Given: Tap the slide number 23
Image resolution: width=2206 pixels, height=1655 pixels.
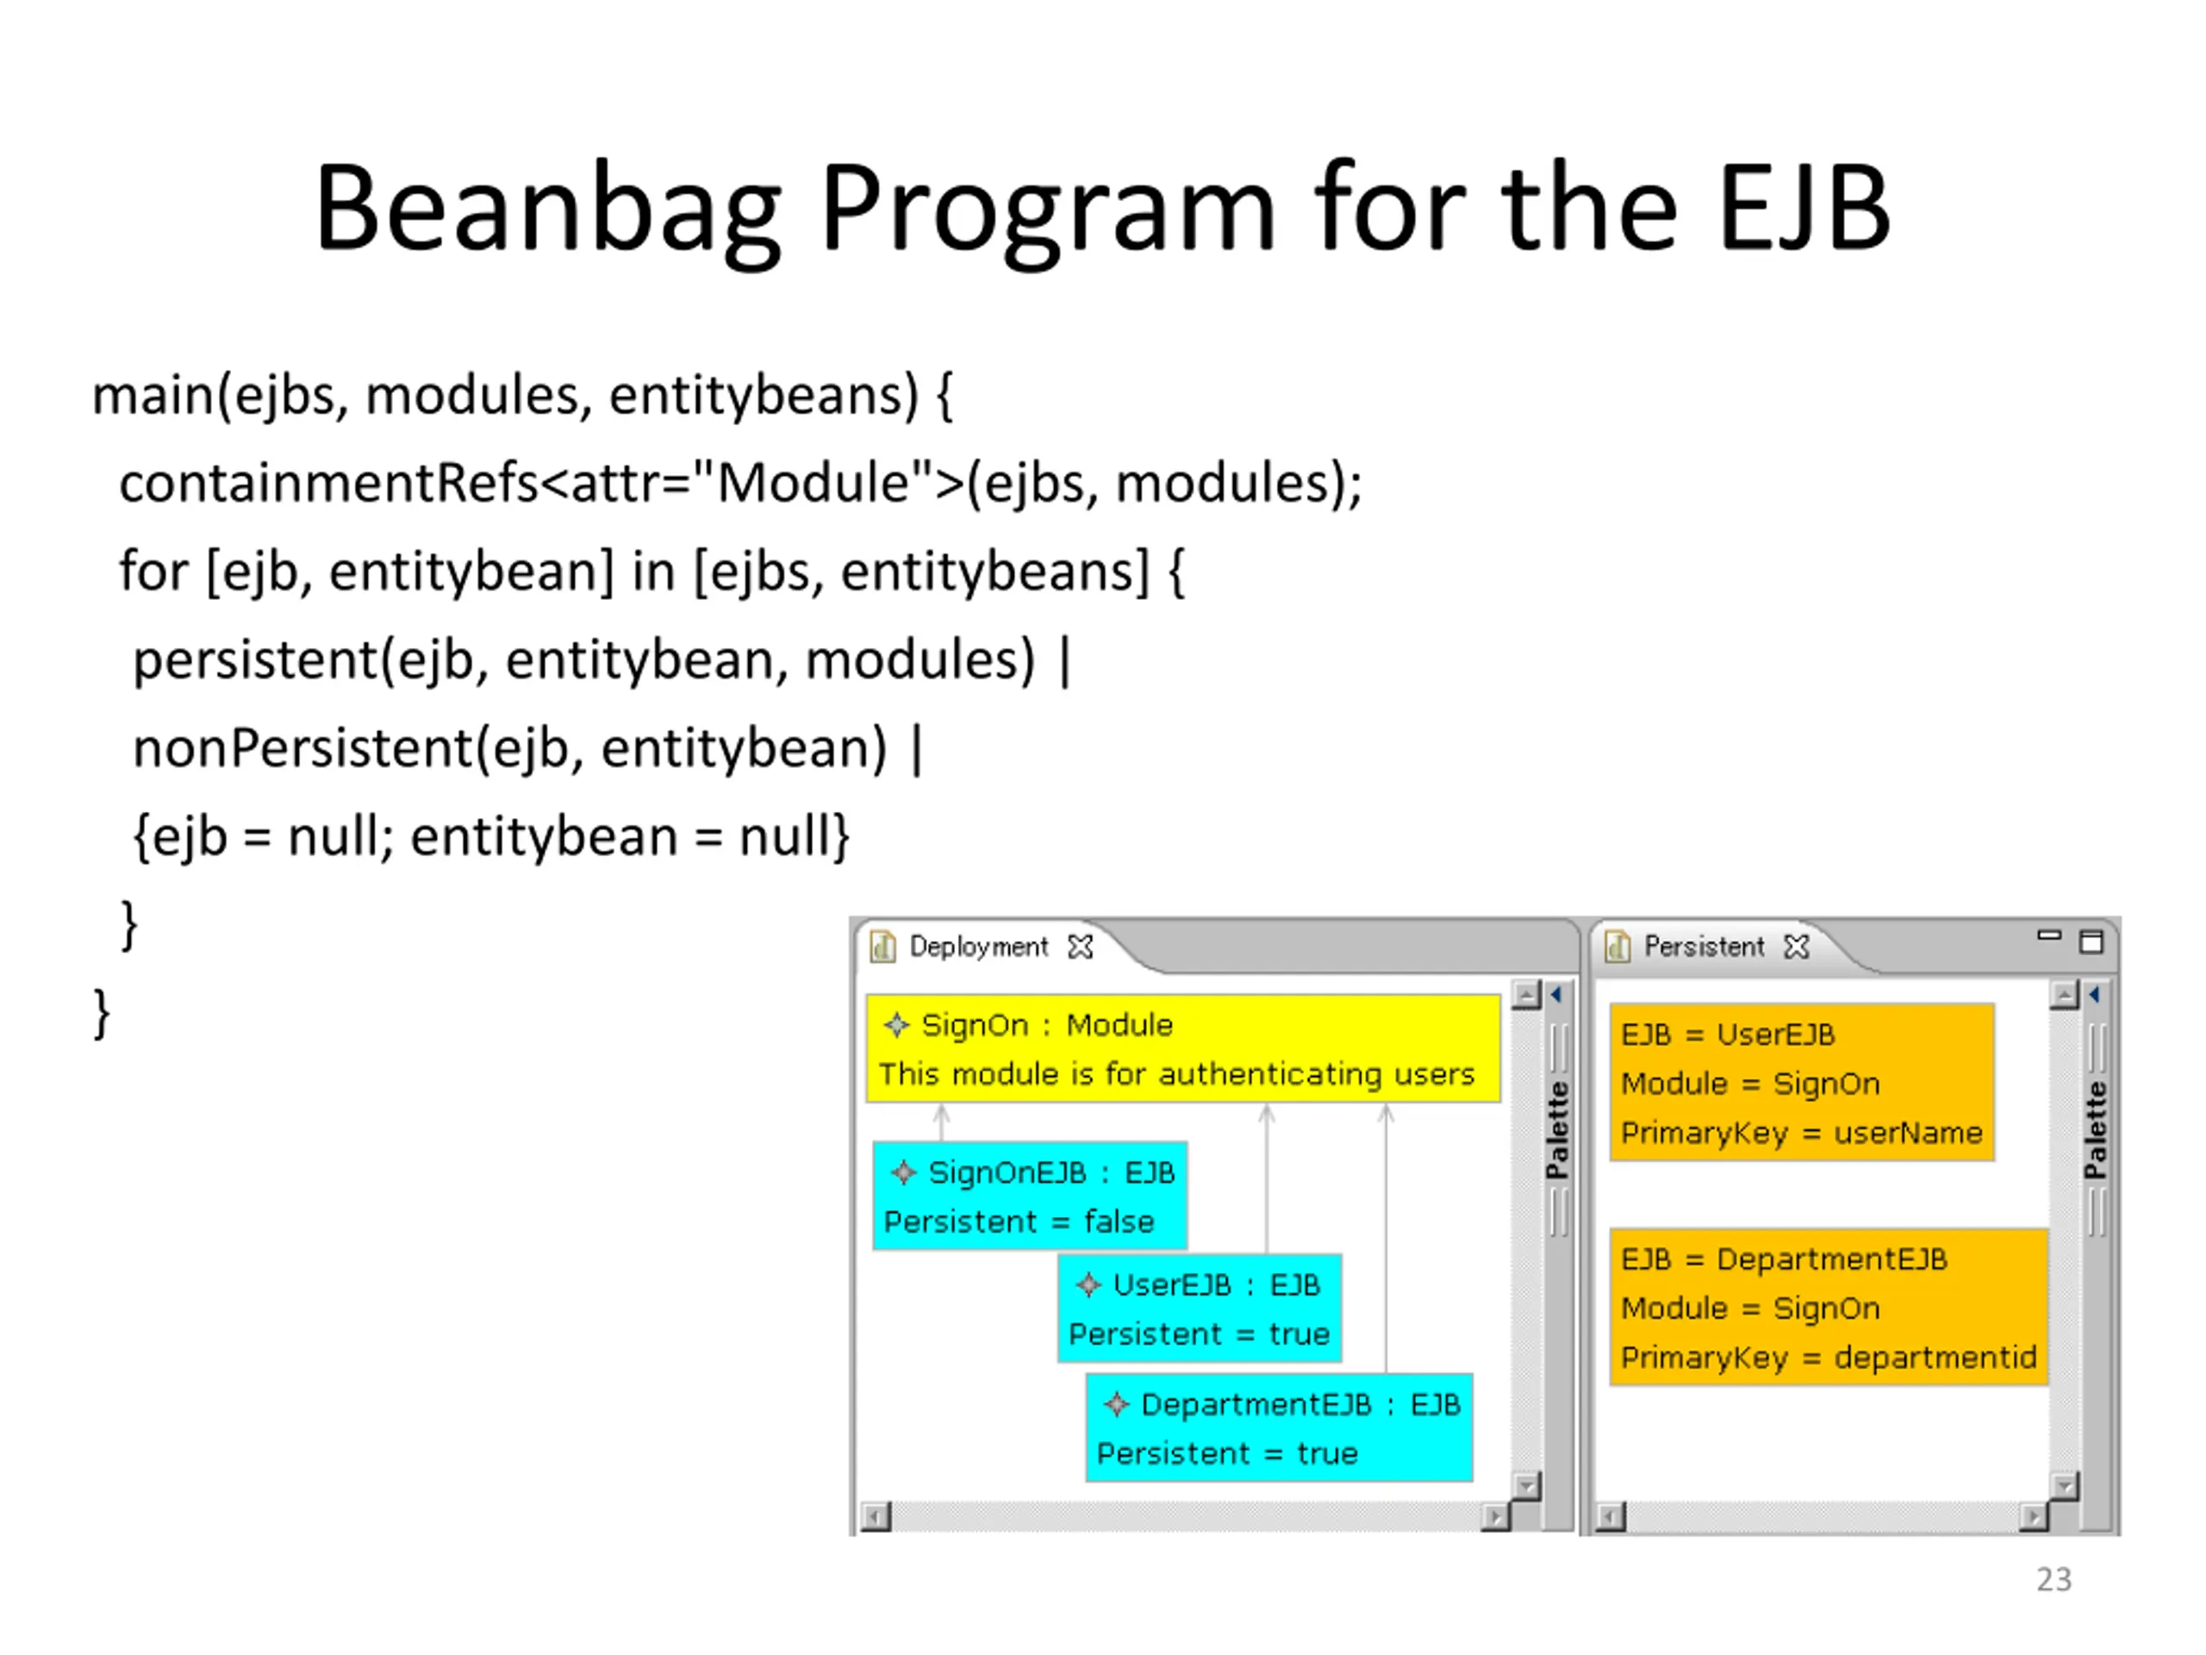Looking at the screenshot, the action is [x=2053, y=1579].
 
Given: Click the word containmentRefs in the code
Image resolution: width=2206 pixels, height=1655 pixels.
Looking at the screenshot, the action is [x=329, y=483].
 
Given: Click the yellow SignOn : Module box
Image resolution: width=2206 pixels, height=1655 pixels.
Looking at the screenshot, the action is [x=1183, y=1048].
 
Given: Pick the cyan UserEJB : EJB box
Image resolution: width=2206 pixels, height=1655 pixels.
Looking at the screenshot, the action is [x=1200, y=1308].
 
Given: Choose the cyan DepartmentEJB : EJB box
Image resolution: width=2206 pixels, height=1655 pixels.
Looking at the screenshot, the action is [x=1279, y=1427].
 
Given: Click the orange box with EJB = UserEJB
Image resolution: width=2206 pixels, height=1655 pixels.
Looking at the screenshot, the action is [x=1802, y=1083].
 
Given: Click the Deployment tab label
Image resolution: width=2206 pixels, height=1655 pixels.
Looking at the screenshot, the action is [x=978, y=946].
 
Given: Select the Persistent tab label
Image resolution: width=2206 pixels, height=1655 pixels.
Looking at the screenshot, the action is [x=1704, y=946].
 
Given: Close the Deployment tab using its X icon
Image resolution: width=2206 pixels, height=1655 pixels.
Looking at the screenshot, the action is [x=1080, y=946].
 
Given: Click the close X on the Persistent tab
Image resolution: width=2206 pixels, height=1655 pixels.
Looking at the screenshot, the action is [x=1796, y=946].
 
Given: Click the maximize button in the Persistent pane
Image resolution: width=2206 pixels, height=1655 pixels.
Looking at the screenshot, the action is [x=2091, y=942].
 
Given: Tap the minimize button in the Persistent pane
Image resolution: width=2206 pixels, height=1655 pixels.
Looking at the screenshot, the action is [x=2048, y=936].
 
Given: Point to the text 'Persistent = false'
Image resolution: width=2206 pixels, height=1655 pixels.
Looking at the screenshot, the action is [x=1019, y=1222].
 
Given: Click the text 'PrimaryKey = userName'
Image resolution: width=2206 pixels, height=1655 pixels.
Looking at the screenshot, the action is [x=1801, y=1134].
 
